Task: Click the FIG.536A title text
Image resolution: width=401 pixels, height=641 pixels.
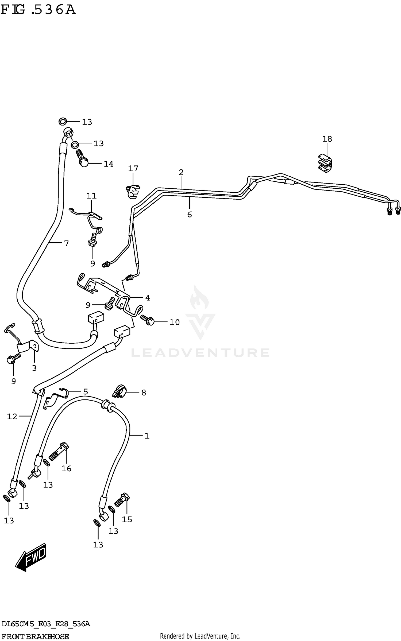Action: [x=38, y=10]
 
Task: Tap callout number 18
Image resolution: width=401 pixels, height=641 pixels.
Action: [x=327, y=139]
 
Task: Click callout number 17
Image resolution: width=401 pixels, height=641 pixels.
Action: [x=133, y=168]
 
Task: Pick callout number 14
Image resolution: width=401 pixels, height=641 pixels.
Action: [x=109, y=164]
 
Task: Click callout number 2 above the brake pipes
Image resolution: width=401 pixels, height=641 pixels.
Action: [x=181, y=172]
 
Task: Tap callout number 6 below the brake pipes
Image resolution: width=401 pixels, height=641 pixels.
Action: [x=189, y=214]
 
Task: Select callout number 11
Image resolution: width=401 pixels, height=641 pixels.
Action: [x=91, y=196]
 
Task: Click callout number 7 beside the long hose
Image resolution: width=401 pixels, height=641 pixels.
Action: [x=66, y=243]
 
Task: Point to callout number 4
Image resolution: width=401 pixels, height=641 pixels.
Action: [x=147, y=297]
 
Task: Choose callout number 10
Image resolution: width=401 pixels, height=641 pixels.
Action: [x=174, y=322]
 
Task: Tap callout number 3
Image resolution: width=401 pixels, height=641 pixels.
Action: [x=34, y=368]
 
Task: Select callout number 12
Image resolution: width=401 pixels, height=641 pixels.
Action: [x=12, y=416]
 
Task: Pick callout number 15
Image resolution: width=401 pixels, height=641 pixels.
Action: [x=127, y=519]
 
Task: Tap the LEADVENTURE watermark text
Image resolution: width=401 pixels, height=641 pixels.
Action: [x=200, y=353]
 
